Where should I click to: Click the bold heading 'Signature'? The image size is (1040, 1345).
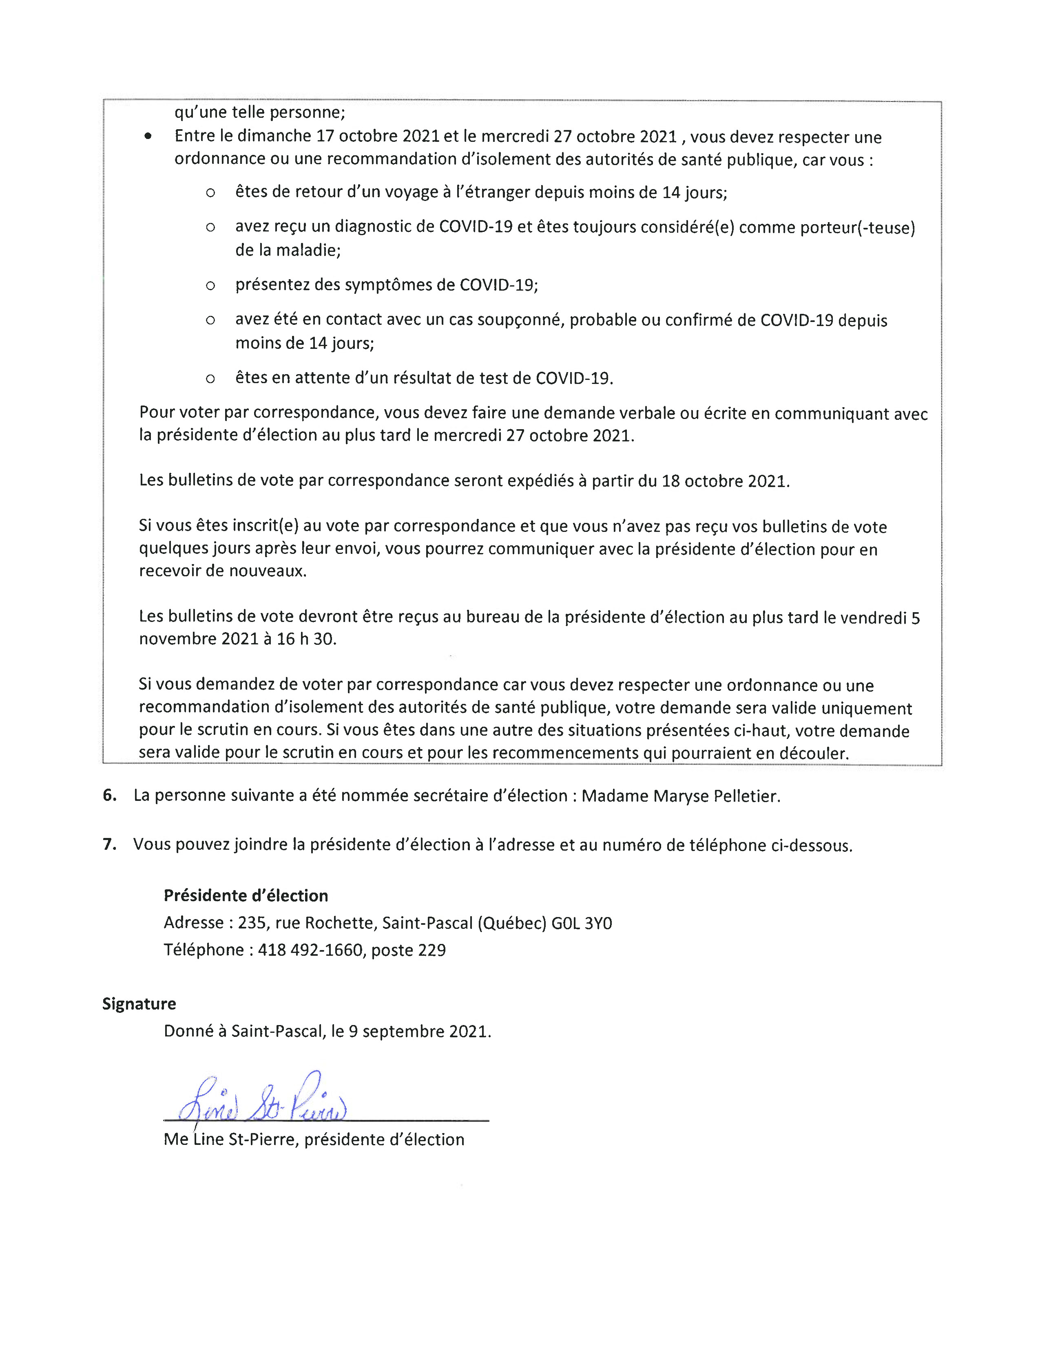click(139, 1004)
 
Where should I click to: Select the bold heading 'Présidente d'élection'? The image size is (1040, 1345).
click(246, 895)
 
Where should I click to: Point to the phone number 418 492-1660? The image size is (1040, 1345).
click(310, 950)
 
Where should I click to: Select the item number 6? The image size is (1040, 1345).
click(110, 795)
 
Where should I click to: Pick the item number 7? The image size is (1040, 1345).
click(110, 844)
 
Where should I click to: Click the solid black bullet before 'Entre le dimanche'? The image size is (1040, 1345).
click(148, 137)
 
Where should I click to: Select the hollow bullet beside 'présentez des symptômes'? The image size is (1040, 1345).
click(210, 286)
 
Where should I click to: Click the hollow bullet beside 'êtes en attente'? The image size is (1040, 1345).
click(210, 379)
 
